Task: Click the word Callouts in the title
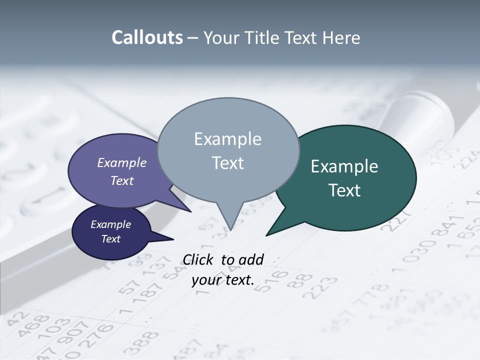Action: point(147,37)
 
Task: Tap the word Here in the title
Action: point(342,37)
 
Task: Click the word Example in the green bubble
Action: point(344,166)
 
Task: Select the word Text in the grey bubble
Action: point(228,163)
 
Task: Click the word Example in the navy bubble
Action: point(110,224)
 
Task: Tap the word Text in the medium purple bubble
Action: point(122,180)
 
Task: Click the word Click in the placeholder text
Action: point(198,259)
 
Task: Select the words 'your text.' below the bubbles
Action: point(223,280)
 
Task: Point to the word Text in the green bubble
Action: point(344,190)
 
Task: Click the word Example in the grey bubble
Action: point(228,139)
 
